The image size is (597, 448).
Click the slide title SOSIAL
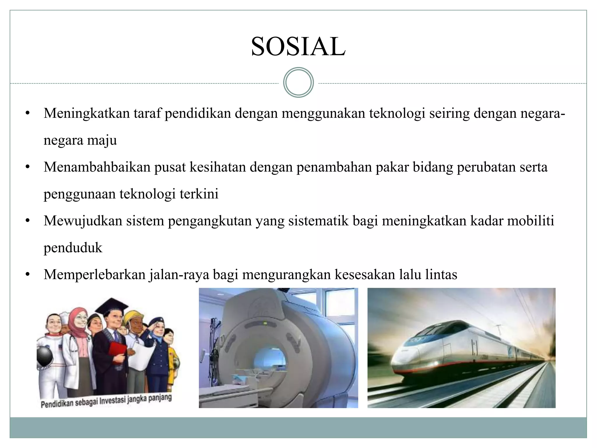point(298,47)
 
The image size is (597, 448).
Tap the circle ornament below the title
point(298,83)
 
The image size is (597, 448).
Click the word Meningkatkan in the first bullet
point(87,113)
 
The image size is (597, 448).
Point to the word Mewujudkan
point(83,221)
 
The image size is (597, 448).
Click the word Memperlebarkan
point(94,274)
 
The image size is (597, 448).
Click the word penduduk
point(73,248)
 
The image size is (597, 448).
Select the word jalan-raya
point(179,274)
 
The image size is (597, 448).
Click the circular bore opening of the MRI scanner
point(268,362)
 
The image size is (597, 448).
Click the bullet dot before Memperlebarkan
point(28,274)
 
